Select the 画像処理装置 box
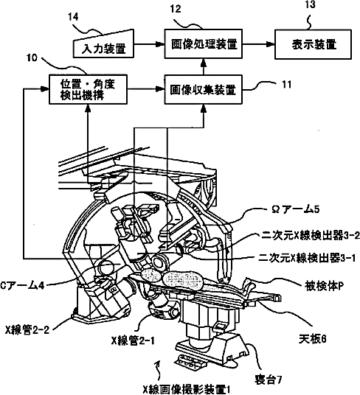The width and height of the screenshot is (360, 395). click(x=204, y=43)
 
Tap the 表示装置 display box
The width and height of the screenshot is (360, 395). click(x=313, y=45)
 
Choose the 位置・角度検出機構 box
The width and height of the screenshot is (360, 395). click(x=88, y=89)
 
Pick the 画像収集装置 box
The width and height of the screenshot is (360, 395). click(x=204, y=89)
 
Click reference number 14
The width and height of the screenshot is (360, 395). click(x=73, y=17)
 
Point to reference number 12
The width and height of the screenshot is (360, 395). click(x=176, y=9)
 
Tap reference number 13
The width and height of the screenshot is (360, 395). click(x=310, y=4)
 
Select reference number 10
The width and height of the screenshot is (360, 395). click(x=32, y=57)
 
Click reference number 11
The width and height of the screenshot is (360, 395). click(x=286, y=85)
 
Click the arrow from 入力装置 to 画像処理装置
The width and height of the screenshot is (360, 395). click(x=149, y=44)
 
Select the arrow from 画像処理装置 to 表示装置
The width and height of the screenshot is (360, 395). click(x=258, y=44)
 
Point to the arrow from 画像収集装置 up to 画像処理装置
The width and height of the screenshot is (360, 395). click(x=204, y=67)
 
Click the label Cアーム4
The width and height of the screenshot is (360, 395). click(x=22, y=286)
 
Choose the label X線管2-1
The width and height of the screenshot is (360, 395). click(x=133, y=341)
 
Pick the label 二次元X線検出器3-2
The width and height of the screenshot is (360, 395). click(x=311, y=236)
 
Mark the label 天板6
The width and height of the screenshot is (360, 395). click(x=313, y=339)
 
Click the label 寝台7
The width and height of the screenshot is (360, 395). click(x=268, y=380)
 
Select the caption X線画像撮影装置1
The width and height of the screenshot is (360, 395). click(x=187, y=390)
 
